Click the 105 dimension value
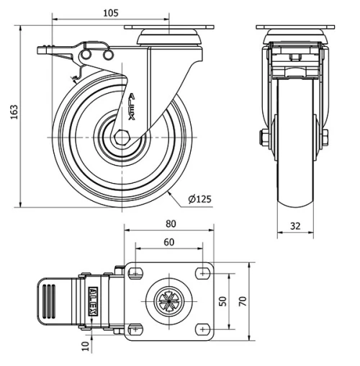tap(111, 13)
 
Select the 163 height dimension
tap(14, 112)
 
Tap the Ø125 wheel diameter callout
tap(199, 199)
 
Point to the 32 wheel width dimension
tap(295, 226)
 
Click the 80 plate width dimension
tap(171, 224)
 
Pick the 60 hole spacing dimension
tap(169, 242)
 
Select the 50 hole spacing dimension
tap(223, 301)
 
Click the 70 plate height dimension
tap(243, 301)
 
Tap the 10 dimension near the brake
tap(86, 346)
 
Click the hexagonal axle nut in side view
tap(122, 138)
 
